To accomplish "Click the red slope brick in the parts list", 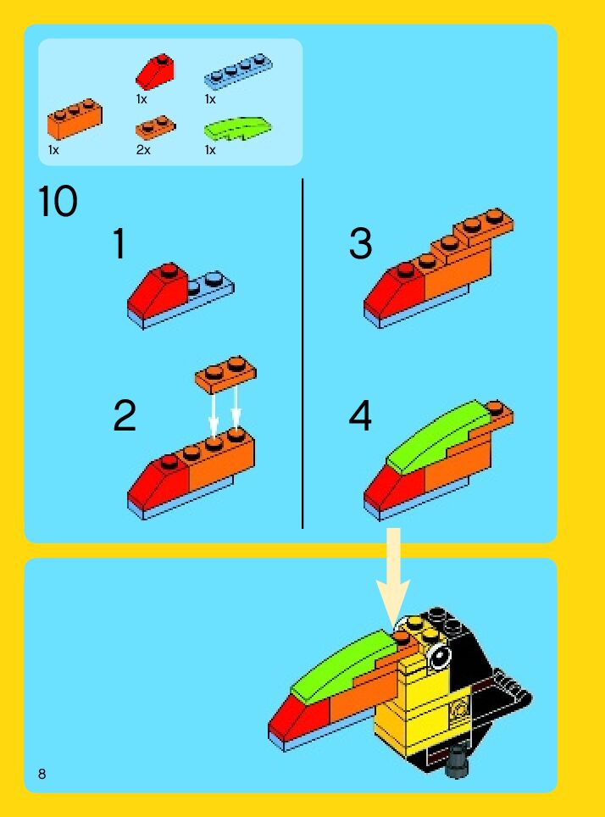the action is coord(155,71).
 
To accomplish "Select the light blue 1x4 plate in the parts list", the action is coord(238,71).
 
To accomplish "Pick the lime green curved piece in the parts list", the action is coord(237,128).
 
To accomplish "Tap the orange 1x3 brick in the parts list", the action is coord(75,119).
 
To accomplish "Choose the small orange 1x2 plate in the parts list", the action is coord(155,128).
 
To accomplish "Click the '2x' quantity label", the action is coord(143,150).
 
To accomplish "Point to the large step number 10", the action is coord(58,202).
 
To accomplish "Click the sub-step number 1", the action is coord(119,243).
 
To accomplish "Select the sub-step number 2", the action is coord(125,415).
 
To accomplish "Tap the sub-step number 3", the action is coord(361,243).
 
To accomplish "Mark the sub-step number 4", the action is coord(360,415).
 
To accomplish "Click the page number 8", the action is coord(42,774).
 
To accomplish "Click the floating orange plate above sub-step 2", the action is coord(225,374).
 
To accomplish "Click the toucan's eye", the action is coord(439,655).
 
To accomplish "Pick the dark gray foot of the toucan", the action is coord(457,761).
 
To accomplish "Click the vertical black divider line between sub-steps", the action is coord(302,353).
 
